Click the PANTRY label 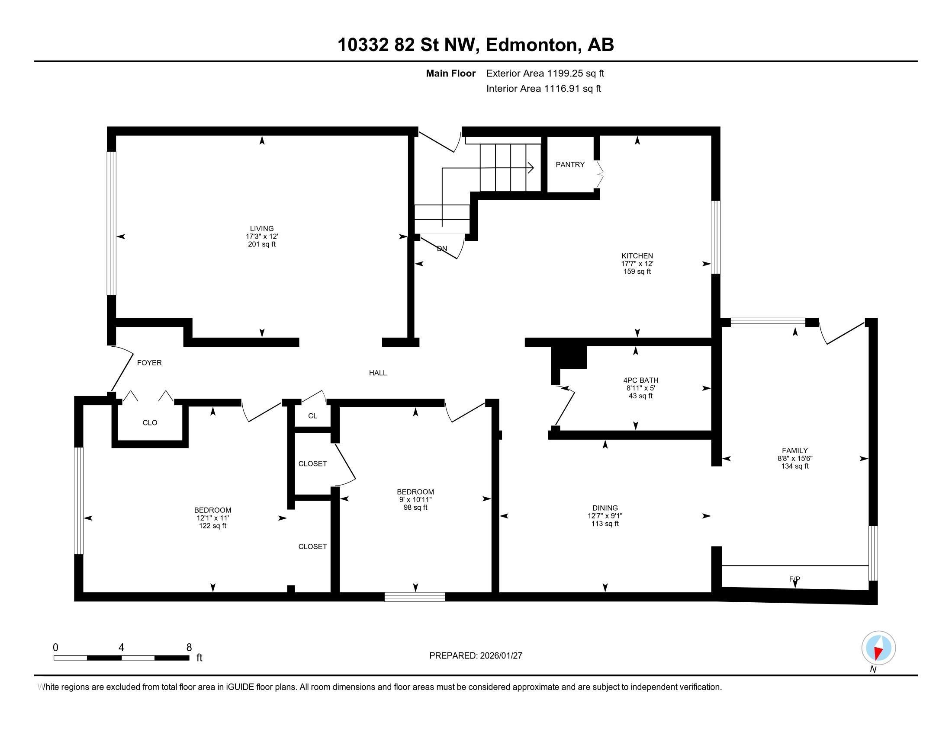pyautogui.click(x=570, y=165)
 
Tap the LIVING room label pyautogui.click(x=261, y=229)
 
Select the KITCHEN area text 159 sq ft pyautogui.click(x=637, y=272)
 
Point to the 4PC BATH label pyautogui.click(x=640, y=380)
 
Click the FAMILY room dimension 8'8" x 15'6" pyautogui.click(x=794, y=458)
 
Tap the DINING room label pyautogui.click(x=605, y=508)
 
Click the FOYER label pyautogui.click(x=149, y=363)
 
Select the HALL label pyautogui.click(x=377, y=373)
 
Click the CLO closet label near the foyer pyautogui.click(x=150, y=423)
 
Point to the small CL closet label pyautogui.click(x=312, y=416)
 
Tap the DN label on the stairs pyautogui.click(x=441, y=249)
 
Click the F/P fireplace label pyautogui.click(x=794, y=579)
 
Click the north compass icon pyautogui.click(x=878, y=648)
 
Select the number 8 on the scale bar pyautogui.click(x=189, y=648)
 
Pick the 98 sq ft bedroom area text pyautogui.click(x=415, y=508)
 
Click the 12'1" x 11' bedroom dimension pyautogui.click(x=212, y=518)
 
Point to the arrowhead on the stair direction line pyautogui.click(x=531, y=168)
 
